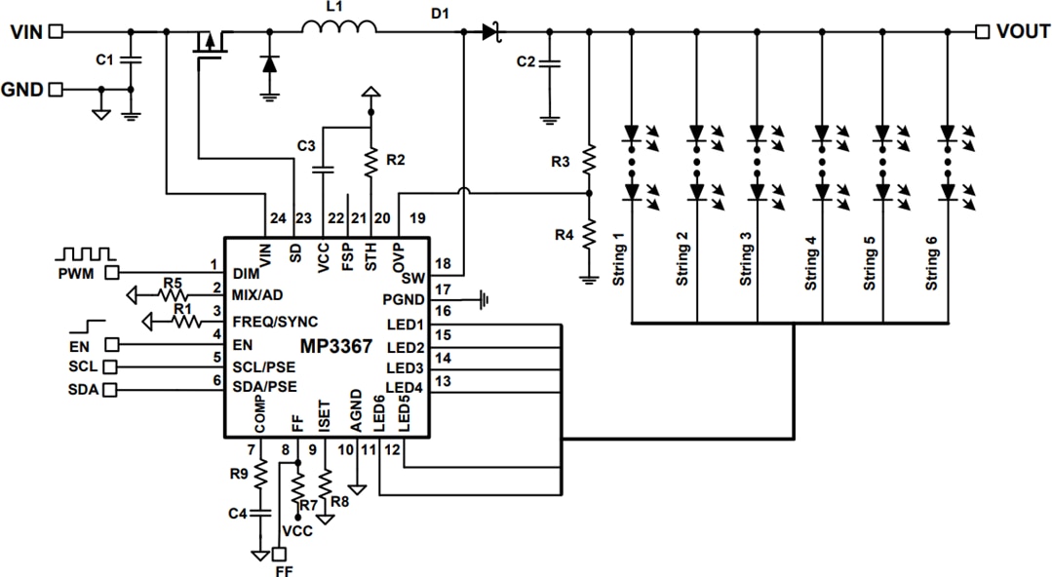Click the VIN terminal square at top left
[56, 31]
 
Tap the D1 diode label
[440, 13]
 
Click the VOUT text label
[1023, 31]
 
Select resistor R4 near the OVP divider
[589, 235]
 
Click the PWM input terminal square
[112, 272]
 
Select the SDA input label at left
[83, 390]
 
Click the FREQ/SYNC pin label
[275, 321]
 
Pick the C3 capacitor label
[305, 146]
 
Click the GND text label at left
[21, 90]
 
